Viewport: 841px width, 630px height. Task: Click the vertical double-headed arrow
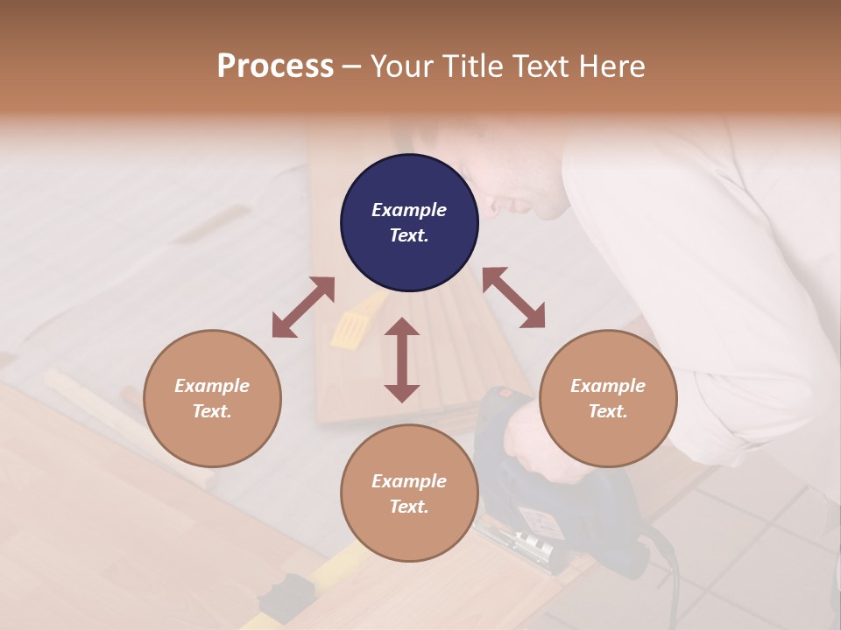402,360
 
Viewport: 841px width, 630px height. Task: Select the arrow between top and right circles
513,297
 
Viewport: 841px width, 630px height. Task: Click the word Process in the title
275,66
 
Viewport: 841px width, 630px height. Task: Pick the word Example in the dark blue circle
409,210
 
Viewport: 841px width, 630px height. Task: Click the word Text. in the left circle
212,411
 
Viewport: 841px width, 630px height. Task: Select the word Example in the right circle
608,386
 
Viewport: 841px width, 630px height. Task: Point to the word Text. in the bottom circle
409,507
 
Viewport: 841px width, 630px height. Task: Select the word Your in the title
402,66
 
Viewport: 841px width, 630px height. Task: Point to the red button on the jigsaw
505,394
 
